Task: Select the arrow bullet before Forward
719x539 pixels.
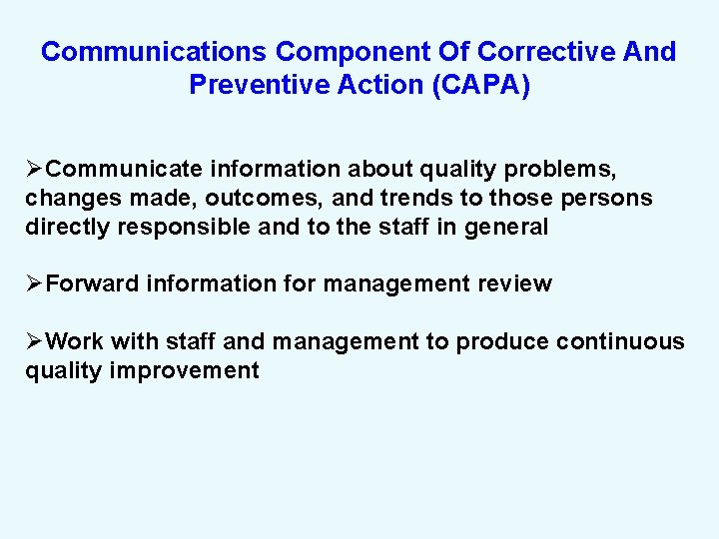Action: pyautogui.click(x=35, y=284)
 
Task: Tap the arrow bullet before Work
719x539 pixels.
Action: pyautogui.click(x=35, y=342)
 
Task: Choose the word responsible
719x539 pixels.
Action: pyautogui.click(x=185, y=227)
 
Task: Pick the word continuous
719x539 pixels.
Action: pyautogui.click(x=620, y=342)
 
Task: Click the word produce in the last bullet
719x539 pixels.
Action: pyautogui.click(x=502, y=342)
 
